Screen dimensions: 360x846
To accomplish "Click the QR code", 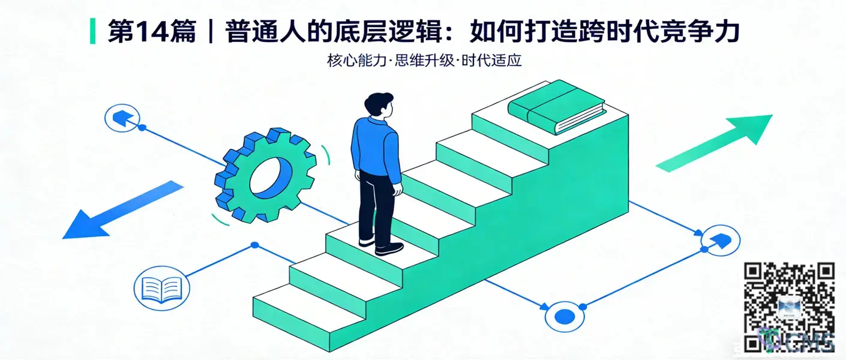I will click(789, 306).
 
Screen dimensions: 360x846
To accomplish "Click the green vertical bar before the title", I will click(92, 31).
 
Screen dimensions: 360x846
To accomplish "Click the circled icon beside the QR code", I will click(720, 241).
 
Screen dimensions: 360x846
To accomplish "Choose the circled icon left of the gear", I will click(122, 118).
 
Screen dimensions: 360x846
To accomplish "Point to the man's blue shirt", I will click(376, 147).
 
